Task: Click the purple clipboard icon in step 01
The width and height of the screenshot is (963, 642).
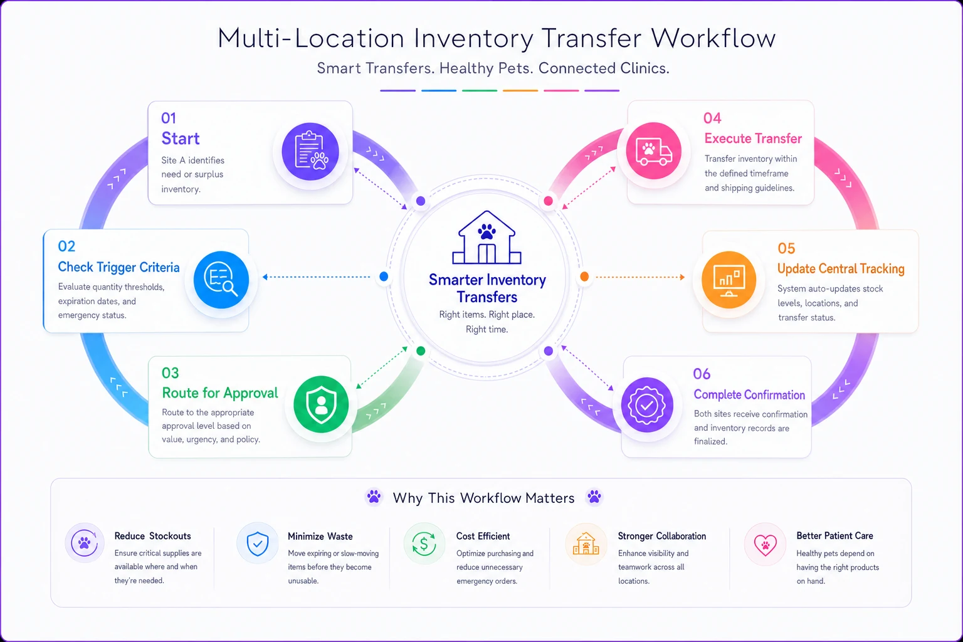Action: click(x=310, y=152)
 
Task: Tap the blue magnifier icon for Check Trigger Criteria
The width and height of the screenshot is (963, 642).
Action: click(x=221, y=280)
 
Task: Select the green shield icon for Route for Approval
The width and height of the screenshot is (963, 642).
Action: click(x=321, y=404)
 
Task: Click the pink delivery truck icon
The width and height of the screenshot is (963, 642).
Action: click(x=653, y=151)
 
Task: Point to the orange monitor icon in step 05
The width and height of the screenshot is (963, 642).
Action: click(x=729, y=280)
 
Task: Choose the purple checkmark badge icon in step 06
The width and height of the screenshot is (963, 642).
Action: click(x=647, y=405)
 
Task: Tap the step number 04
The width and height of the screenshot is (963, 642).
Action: click(x=712, y=118)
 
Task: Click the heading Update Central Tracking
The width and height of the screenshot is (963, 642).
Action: click(x=841, y=269)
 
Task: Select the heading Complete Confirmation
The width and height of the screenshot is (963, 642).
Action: click(x=749, y=395)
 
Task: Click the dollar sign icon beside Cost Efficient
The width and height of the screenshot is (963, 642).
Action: click(x=424, y=544)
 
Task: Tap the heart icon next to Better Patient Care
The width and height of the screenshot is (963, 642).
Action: click(x=766, y=545)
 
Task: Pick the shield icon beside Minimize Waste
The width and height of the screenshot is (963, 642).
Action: click(x=258, y=544)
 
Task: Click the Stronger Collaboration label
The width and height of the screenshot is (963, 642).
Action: click(x=662, y=536)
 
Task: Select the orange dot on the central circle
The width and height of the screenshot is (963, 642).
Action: click(x=584, y=276)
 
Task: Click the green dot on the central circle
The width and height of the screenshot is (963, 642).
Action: click(x=421, y=351)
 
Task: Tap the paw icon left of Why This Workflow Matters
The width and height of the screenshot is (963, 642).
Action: click(x=374, y=497)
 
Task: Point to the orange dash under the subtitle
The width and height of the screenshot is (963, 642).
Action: click(x=520, y=91)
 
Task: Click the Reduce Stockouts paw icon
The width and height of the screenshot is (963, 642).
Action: click(x=84, y=543)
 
